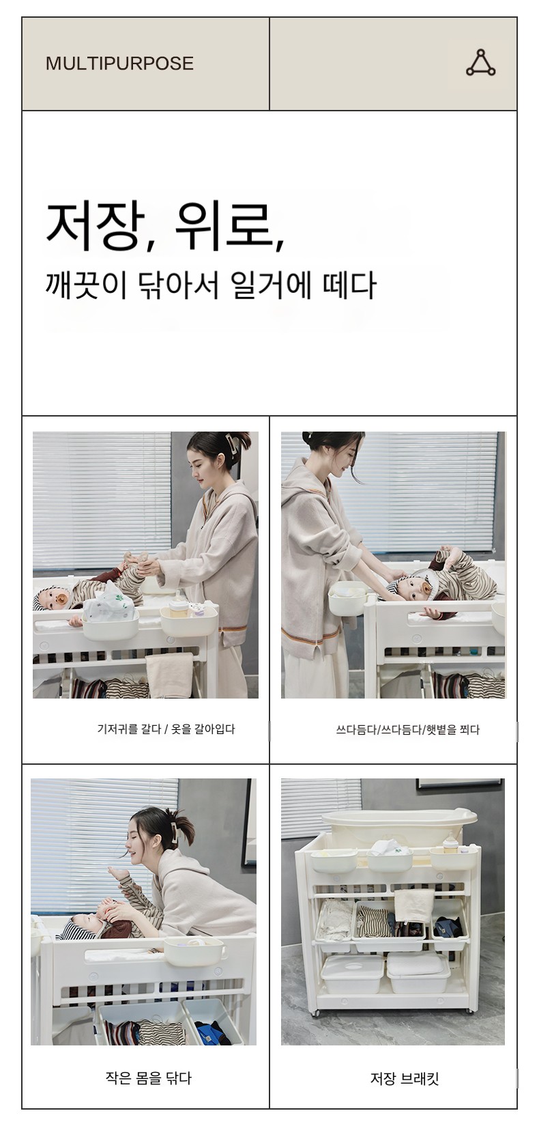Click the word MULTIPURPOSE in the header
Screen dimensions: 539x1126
119,64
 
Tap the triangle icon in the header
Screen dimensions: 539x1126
481,64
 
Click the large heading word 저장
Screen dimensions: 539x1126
96,226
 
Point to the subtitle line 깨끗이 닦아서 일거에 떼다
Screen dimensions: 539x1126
210,285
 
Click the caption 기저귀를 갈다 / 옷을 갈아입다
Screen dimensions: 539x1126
166,729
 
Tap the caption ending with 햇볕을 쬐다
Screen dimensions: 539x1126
408,729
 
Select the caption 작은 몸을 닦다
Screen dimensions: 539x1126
149,1078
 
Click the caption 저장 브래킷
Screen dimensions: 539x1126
405,1078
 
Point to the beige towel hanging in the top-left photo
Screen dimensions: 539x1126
169,675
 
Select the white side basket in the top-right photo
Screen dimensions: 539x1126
347,597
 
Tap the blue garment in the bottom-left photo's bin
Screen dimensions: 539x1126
214,1032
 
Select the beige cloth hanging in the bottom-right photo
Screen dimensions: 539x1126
414,905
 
